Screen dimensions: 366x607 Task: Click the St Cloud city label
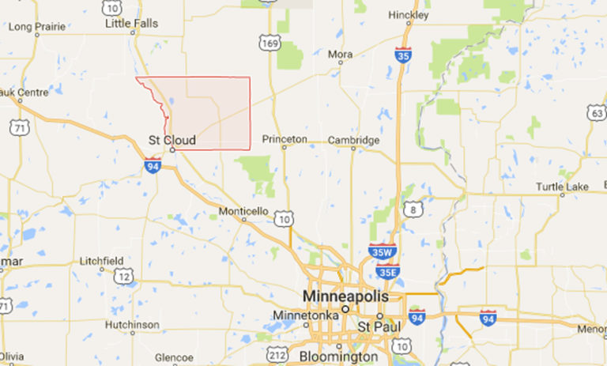[x=172, y=140]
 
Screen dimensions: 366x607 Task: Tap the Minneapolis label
[x=345, y=296]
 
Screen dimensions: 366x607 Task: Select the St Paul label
[x=374, y=326]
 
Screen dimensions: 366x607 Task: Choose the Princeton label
[x=284, y=139]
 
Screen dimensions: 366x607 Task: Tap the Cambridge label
[x=354, y=139]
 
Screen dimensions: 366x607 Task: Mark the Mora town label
[x=341, y=55]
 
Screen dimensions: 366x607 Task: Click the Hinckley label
[x=409, y=15]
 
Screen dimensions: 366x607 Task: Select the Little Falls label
[x=132, y=24]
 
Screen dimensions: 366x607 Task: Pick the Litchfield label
[x=101, y=261]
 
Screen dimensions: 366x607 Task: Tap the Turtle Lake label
[x=562, y=187]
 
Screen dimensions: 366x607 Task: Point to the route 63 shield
[x=598, y=113]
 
